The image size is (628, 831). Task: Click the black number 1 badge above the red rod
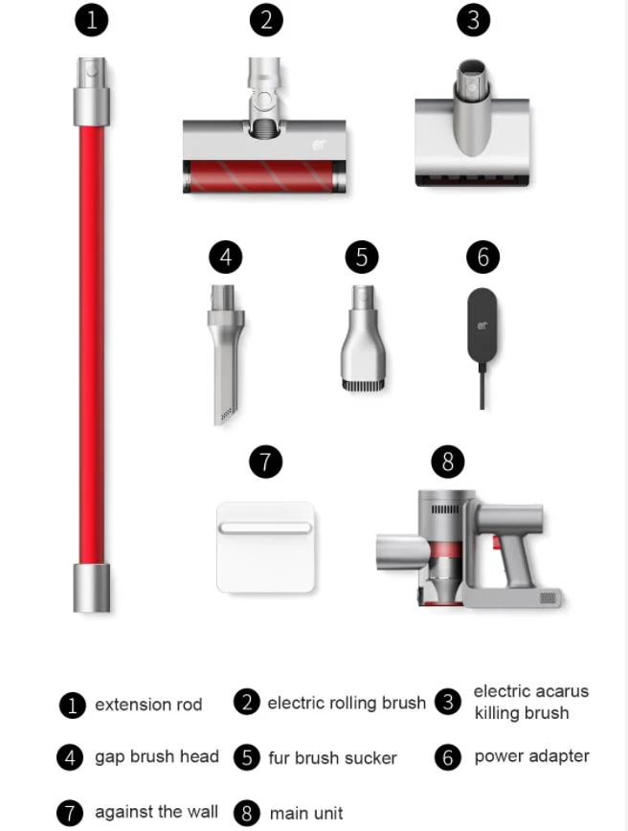point(92,20)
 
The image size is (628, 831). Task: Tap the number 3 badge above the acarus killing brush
point(473,20)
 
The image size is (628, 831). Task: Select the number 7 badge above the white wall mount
point(265,461)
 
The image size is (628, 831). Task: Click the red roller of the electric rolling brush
point(264,176)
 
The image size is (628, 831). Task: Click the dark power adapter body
point(482,325)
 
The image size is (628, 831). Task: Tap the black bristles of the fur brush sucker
point(363,385)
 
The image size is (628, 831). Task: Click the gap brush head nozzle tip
point(225,416)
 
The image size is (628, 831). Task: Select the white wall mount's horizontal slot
point(265,528)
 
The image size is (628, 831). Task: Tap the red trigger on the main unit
point(497,543)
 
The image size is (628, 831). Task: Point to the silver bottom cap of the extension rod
point(92,588)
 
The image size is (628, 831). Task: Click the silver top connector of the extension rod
point(92,91)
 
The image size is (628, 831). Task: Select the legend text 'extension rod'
point(148,705)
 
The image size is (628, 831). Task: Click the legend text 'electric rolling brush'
point(347,703)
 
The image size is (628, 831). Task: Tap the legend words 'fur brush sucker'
point(332,758)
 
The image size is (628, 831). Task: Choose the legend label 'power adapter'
point(531,756)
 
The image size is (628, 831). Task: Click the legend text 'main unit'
point(306,813)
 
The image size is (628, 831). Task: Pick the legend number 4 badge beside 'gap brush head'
point(70,757)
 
